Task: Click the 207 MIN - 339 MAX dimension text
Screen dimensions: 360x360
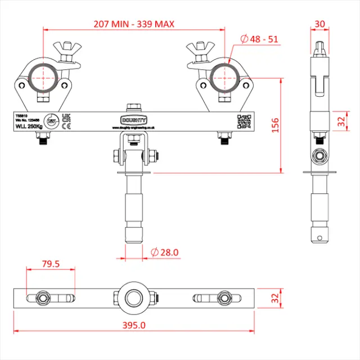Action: pos(134,24)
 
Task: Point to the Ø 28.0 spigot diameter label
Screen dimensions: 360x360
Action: pos(165,253)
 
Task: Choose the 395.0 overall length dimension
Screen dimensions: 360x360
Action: pos(134,325)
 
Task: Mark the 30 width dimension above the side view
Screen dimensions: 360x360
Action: pos(320,24)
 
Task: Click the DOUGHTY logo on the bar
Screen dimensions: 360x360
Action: pos(133,120)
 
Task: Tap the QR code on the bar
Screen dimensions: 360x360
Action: pos(244,121)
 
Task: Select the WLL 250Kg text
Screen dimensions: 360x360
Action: pos(29,126)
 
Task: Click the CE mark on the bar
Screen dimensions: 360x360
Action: pos(65,127)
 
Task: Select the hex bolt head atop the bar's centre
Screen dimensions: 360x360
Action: pos(133,106)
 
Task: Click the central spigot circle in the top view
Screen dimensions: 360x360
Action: pos(133,297)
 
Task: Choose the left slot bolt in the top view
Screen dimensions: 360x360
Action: pos(42,297)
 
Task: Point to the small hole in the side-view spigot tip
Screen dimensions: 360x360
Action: pos(320,230)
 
